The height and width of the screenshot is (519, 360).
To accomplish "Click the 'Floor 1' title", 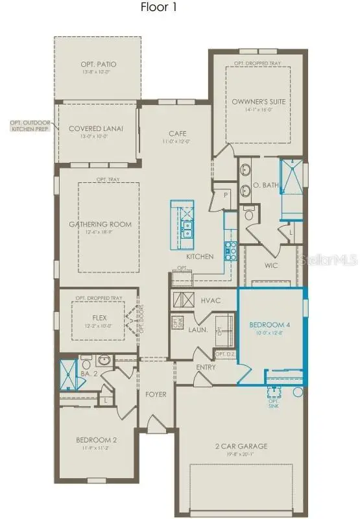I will click(158, 8).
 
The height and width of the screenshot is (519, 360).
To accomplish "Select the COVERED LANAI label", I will click(96, 128).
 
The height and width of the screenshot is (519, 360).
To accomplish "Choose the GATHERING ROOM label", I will click(100, 224).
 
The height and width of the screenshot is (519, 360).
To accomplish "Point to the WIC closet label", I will click(271, 265).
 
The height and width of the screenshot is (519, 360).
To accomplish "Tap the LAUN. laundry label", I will click(197, 330).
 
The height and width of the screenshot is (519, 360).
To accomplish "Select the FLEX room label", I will click(99, 318).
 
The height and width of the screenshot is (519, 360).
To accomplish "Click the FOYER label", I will click(156, 392).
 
